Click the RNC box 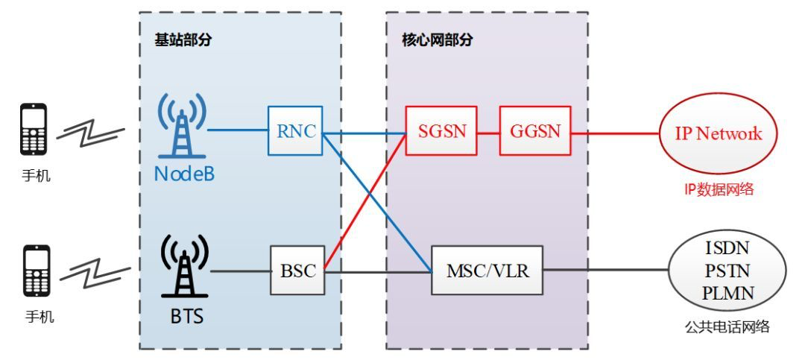[295, 130]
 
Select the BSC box [297, 271]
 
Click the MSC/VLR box [487, 270]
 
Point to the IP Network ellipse [719, 133]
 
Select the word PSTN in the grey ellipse [727, 269]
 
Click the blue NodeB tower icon [183, 128]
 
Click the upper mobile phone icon [34, 130]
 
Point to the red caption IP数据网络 [719, 189]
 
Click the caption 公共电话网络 [727, 326]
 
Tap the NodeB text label [183, 174]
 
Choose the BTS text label [183, 316]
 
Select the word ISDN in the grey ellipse [727, 247]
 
